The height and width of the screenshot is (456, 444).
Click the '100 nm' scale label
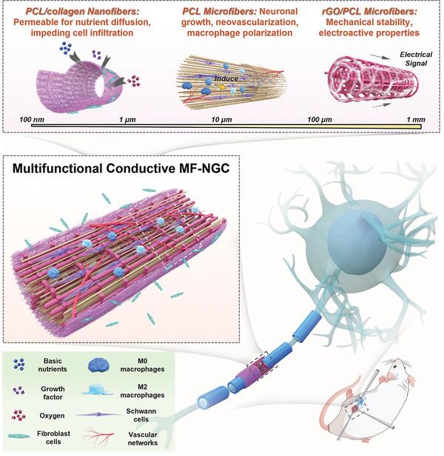click(x=35, y=118)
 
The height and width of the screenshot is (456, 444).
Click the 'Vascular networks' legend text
click(x=152, y=441)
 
